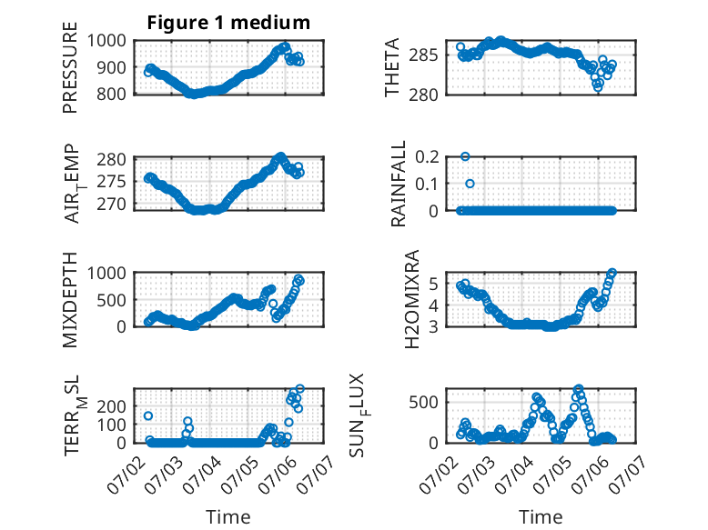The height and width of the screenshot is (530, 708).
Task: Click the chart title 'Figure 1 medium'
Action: [228, 23]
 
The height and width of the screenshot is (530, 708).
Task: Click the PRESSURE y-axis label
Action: [70, 67]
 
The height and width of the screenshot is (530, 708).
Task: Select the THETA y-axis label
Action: [392, 67]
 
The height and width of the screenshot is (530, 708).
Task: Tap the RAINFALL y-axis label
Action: [399, 184]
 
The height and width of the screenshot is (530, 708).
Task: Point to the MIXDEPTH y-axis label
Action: [70, 300]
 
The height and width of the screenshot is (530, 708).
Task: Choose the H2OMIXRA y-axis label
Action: [412, 299]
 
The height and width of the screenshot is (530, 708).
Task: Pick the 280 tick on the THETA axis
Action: [423, 95]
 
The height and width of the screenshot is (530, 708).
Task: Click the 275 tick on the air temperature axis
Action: [112, 182]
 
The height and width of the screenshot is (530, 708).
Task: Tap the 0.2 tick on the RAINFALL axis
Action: [427, 157]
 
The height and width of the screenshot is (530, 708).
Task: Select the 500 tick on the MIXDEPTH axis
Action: [112, 300]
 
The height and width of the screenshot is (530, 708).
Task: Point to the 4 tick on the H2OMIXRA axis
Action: [434, 305]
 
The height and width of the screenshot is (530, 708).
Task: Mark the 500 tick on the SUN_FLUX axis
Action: [423, 403]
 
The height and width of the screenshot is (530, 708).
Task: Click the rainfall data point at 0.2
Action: [465, 156]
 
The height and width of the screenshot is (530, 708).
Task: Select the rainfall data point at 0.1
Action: [470, 184]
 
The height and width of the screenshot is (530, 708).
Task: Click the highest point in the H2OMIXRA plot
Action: [612, 273]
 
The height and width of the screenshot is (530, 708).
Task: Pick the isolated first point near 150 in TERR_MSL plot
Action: [148, 415]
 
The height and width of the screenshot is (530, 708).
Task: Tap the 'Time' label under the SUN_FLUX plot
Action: [541, 516]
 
